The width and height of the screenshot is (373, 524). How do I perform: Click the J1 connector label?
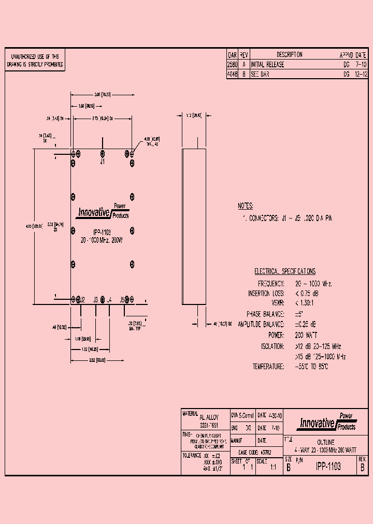point(103,162)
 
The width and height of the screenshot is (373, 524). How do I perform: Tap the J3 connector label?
point(96,300)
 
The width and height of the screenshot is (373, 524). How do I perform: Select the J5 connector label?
point(123,300)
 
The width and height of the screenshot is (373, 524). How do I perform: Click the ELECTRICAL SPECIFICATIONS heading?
point(284,271)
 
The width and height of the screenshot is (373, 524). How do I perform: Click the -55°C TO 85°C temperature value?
point(311,367)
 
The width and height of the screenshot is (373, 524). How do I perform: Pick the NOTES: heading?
point(245,206)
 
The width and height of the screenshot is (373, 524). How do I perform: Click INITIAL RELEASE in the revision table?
point(267,65)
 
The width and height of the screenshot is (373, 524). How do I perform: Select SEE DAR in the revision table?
point(260,75)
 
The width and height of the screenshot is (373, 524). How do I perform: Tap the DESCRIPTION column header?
point(289,55)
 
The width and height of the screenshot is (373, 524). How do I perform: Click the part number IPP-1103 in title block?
point(328,467)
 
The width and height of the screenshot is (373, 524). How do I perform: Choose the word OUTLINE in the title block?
point(325,442)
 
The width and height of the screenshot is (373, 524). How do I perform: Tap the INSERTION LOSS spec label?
point(266,294)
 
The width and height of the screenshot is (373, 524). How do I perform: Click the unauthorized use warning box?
point(35,61)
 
